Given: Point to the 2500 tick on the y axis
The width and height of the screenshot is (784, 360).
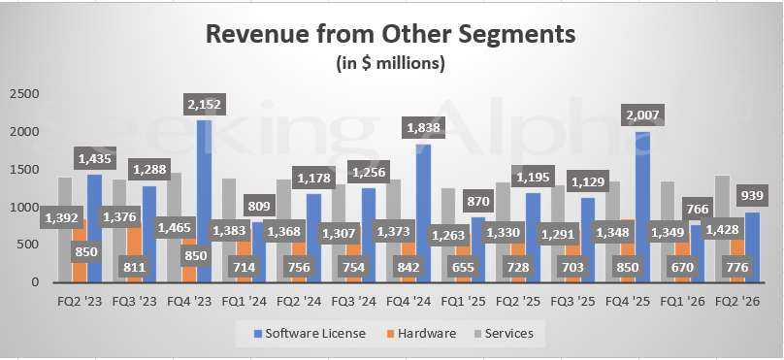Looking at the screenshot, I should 23,93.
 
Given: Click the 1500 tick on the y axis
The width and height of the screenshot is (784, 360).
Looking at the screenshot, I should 23,169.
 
